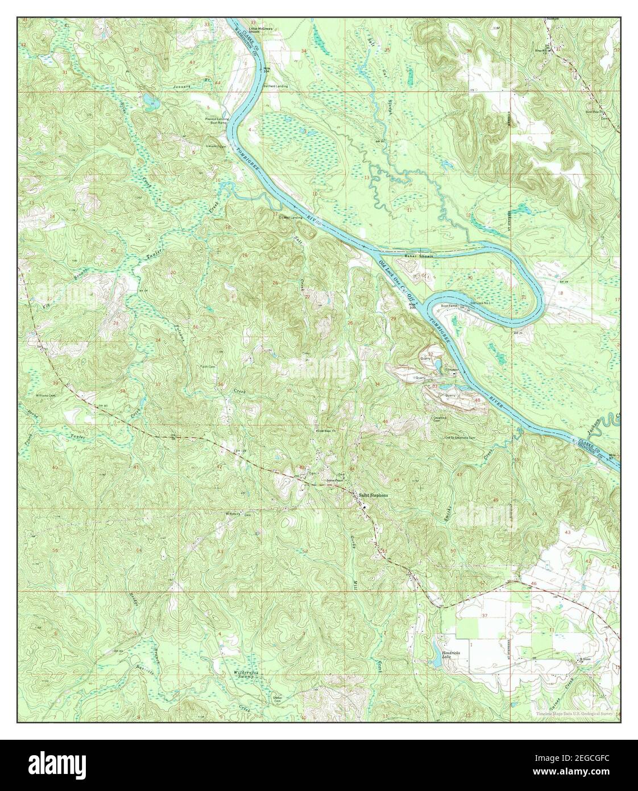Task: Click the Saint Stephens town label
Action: [x=374, y=495]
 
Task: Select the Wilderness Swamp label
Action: [x=247, y=675]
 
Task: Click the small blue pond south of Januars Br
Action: [x=150, y=101]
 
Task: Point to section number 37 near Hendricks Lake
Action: [x=484, y=616]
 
